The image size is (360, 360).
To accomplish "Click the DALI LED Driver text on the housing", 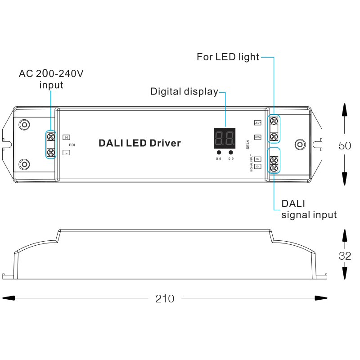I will [139, 143].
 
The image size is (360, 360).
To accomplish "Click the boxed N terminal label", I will [67, 137].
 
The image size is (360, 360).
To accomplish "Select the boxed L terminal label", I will [67, 153].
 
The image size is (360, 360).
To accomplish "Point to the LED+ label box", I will [258, 122].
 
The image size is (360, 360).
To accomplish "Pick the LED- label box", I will [258, 137].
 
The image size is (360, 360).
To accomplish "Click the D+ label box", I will [258, 159].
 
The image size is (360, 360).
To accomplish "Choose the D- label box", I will [258, 166].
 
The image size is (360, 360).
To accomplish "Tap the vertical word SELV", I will [248, 144].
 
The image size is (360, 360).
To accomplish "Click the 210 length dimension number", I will [165, 298].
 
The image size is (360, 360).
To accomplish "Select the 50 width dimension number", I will [344, 145].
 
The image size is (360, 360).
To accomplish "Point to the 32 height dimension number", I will [344, 256].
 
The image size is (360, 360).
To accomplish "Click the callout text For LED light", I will [228, 57].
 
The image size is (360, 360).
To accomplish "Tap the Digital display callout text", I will [184, 92].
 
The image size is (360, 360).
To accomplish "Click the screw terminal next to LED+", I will [274, 121].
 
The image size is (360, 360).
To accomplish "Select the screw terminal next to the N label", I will [51, 135].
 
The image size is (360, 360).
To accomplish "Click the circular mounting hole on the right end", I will [299, 144].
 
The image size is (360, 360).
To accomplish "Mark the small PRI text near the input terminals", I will [72, 145].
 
